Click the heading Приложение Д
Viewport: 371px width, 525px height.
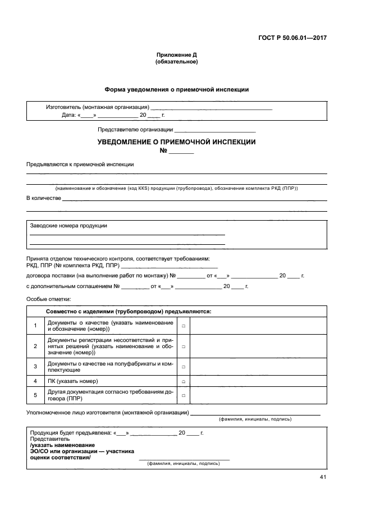[x=176, y=55]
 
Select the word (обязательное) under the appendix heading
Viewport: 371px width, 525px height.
[x=176, y=62]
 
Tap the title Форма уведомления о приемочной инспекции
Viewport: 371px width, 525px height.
[x=177, y=89]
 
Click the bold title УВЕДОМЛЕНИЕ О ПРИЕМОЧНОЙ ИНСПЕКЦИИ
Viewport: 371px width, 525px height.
[x=177, y=142]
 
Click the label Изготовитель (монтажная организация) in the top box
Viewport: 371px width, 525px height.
[x=97, y=107]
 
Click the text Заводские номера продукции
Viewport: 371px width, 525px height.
[x=68, y=225]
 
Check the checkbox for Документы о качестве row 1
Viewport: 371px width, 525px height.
[x=184, y=326]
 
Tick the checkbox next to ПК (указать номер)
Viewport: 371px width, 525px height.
[x=184, y=381]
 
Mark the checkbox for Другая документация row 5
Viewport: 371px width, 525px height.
[x=184, y=395]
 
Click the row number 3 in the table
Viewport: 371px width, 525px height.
[x=35, y=366]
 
